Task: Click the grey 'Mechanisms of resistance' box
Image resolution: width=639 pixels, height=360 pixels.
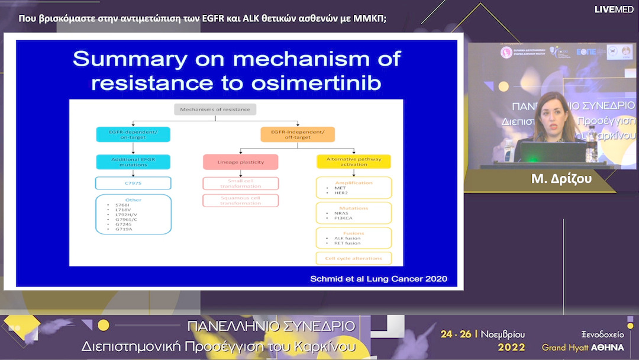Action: [x=215, y=110]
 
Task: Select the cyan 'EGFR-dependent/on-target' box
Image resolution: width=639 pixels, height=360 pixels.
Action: [x=133, y=134]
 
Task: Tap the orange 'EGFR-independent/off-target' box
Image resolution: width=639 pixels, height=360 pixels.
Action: [x=298, y=134]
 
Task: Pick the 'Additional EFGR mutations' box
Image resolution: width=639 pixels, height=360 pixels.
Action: [x=133, y=162]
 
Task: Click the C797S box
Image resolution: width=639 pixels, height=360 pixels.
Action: [x=133, y=183]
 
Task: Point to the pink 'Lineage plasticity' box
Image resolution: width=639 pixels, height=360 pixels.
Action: [x=240, y=162]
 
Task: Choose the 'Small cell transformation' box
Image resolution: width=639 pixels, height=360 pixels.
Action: [x=240, y=184]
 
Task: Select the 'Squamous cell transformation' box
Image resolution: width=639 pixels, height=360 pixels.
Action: [x=240, y=200]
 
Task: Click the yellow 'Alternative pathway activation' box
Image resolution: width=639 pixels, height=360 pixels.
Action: [x=354, y=162]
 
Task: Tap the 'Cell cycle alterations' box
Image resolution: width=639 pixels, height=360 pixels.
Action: [x=354, y=258]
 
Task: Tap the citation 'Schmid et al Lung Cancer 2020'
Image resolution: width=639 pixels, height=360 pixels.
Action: [x=379, y=278]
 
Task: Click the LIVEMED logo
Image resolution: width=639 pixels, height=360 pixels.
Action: [x=614, y=9]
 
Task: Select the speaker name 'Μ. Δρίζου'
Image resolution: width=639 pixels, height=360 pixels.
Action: [x=561, y=179]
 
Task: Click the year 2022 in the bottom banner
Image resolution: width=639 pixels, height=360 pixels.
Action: [x=511, y=346]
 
